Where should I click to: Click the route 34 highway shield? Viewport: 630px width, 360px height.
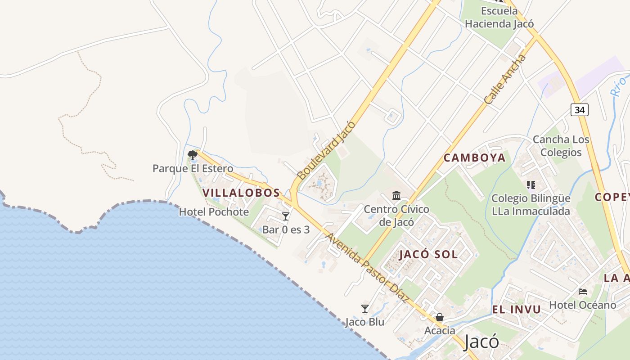580,109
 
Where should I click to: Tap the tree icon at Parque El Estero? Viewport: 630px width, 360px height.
193,155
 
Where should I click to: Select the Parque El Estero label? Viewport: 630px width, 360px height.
193,169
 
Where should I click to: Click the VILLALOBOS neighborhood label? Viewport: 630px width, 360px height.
241,193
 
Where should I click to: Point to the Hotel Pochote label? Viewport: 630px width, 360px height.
214,211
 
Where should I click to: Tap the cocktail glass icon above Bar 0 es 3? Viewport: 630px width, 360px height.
285,216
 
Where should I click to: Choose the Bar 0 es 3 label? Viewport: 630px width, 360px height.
286,229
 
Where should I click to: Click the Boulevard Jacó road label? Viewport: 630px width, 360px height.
326,150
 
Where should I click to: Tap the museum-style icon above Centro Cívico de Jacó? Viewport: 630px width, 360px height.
396,196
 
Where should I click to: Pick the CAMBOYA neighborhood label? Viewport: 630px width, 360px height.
475,158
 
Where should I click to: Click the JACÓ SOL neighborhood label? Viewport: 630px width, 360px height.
428,254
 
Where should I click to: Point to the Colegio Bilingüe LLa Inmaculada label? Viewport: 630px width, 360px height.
531,205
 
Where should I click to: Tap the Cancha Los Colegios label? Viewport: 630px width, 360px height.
561,146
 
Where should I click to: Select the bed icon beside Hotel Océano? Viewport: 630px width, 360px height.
583,292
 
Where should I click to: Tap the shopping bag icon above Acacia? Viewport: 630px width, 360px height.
440,317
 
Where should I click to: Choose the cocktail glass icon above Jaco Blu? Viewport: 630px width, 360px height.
365,309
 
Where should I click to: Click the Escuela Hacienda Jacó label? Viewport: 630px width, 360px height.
499,17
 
